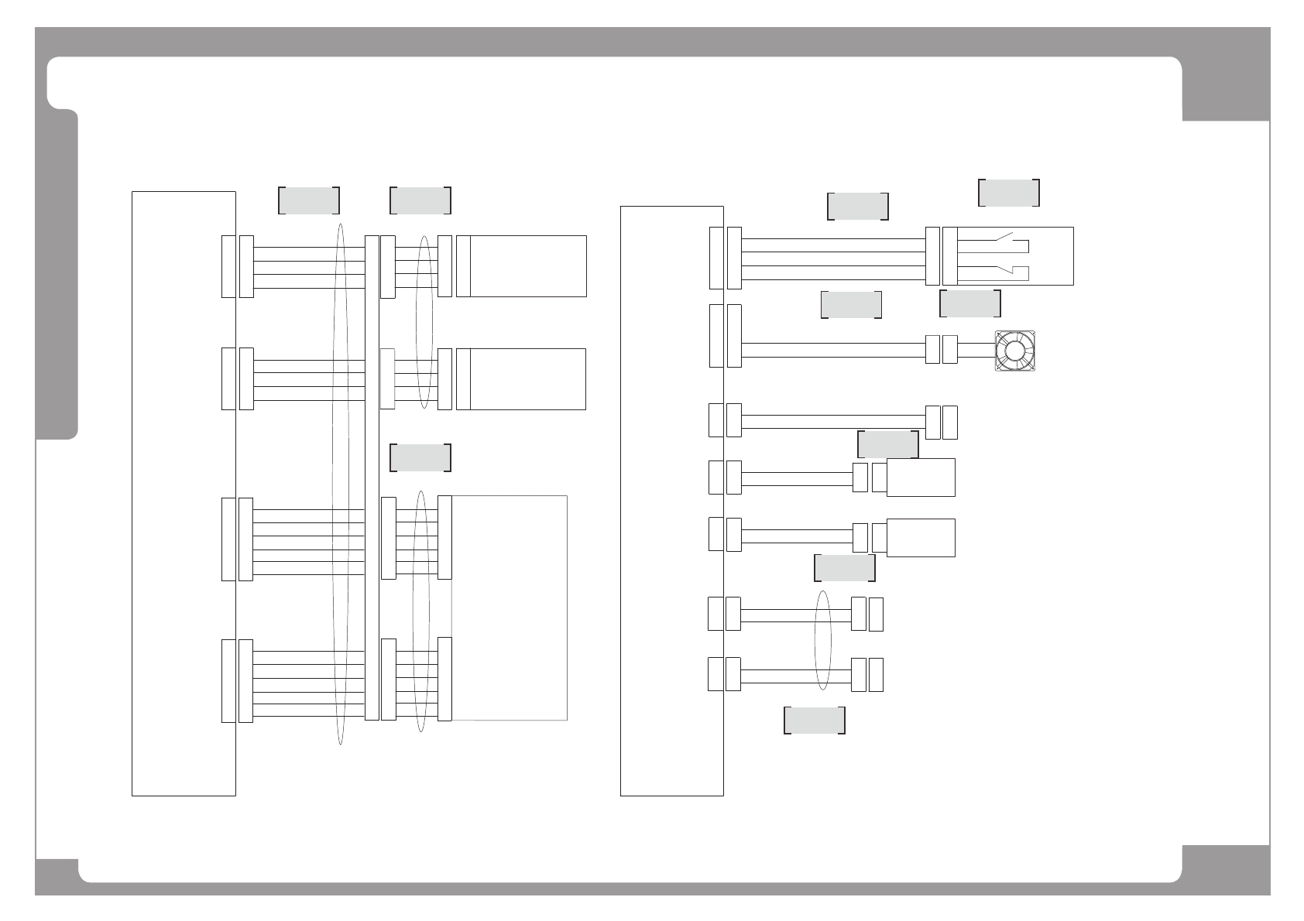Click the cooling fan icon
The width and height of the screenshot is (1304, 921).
(x=1014, y=351)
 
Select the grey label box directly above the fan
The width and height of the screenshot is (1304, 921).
(x=969, y=303)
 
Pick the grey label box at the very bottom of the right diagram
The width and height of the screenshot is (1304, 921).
(x=814, y=720)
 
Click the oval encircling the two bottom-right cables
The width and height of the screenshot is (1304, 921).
(x=823, y=640)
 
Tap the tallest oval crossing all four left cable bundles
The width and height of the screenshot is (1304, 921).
(x=339, y=484)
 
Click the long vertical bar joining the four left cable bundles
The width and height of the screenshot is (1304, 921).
(x=372, y=478)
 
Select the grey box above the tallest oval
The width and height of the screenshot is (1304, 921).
(x=308, y=200)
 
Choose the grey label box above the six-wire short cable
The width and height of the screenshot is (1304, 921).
(x=420, y=457)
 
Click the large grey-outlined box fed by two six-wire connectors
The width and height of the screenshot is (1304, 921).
(x=510, y=608)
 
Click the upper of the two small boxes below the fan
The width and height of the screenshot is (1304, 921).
(x=920, y=478)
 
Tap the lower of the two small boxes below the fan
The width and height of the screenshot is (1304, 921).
(x=920, y=537)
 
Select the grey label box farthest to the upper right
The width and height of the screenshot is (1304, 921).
(x=1008, y=193)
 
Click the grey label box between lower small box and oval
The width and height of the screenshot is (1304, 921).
(x=844, y=567)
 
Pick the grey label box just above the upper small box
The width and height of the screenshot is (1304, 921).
(x=887, y=444)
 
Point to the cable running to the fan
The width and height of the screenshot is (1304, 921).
(x=832, y=350)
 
